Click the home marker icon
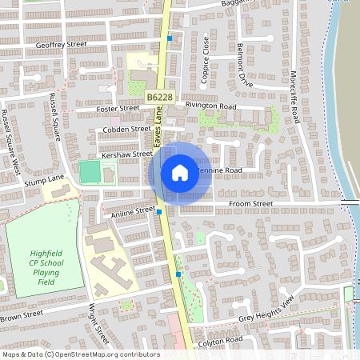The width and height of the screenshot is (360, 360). coord(180,173)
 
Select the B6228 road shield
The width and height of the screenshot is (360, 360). coord(158,97)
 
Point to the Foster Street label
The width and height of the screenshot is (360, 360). coord(118,109)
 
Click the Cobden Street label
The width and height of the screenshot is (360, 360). coord(122,129)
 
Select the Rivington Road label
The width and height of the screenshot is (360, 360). coord(211,106)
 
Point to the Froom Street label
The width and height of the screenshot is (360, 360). coord(252,204)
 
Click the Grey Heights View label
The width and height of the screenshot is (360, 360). coord(267,308)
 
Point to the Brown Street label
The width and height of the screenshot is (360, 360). coord(22,316)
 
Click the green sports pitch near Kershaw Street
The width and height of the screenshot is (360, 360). coord(89,170)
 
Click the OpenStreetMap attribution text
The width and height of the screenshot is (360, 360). coord(80,354)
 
